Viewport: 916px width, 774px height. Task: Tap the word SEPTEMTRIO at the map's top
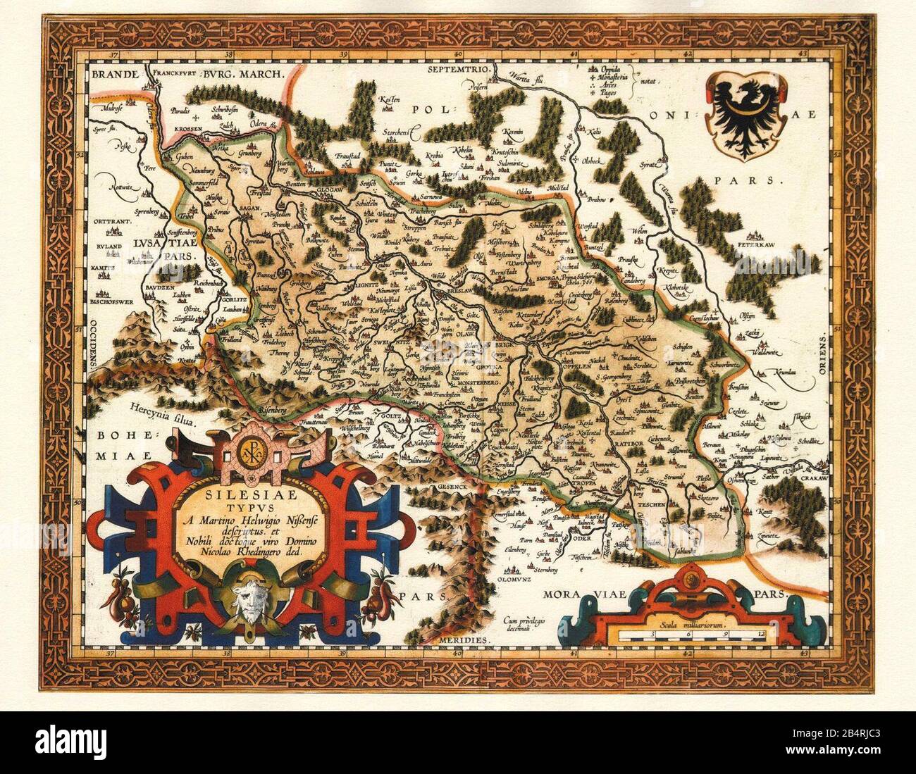coord(459,73)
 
